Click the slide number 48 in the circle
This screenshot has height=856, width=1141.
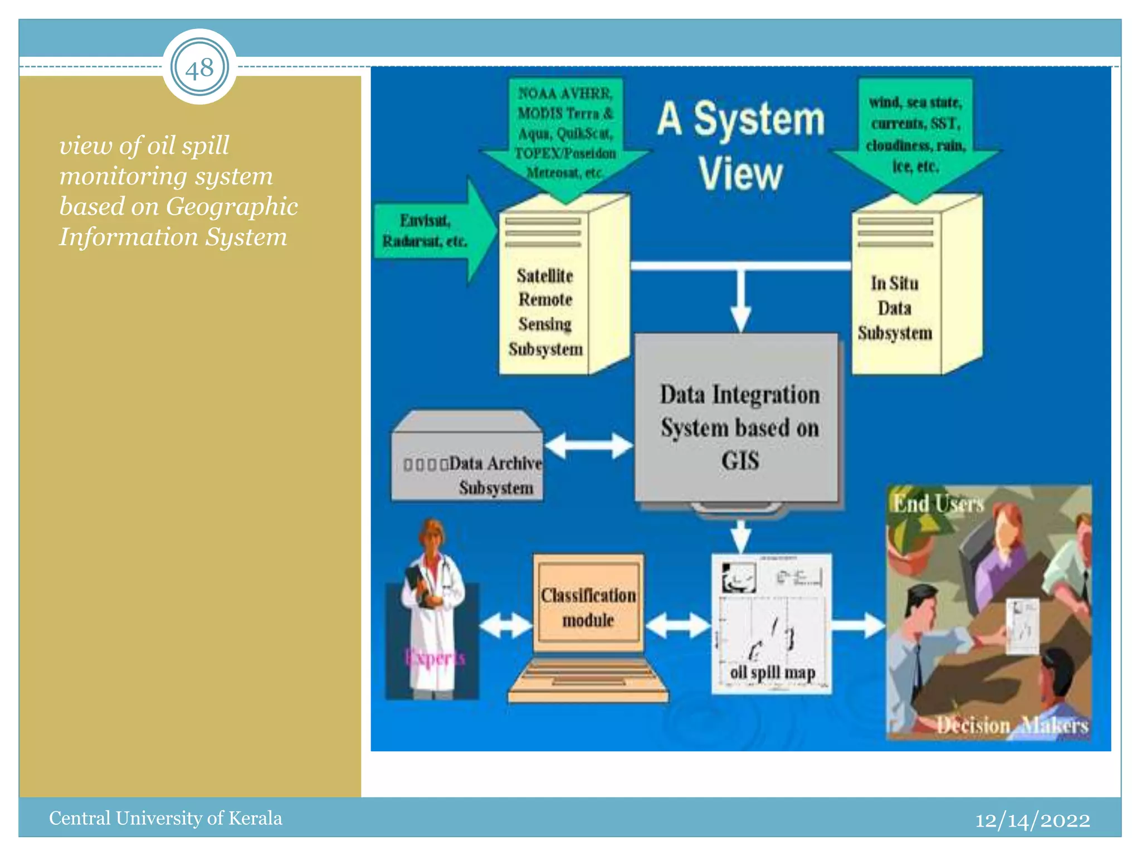click(199, 69)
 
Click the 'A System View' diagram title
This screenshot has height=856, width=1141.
click(741, 145)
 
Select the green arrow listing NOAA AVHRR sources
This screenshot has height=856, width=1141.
click(565, 134)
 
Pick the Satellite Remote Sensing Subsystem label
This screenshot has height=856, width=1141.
click(545, 312)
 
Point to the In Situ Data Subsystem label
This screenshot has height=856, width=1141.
click(895, 308)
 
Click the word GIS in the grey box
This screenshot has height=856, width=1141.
click(740, 461)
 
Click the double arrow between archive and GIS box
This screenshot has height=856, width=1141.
click(588, 446)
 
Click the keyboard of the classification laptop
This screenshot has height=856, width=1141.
click(588, 677)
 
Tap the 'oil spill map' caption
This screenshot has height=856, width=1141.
click(772, 673)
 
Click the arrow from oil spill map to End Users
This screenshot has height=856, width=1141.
click(858, 625)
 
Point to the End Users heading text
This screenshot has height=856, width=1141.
click(938, 504)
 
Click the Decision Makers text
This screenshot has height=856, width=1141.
click(1012, 725)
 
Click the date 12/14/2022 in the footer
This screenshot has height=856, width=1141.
click(1032, 820)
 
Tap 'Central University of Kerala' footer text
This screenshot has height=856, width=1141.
click(165, 818)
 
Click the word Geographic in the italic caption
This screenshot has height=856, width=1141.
click(232, 206)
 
